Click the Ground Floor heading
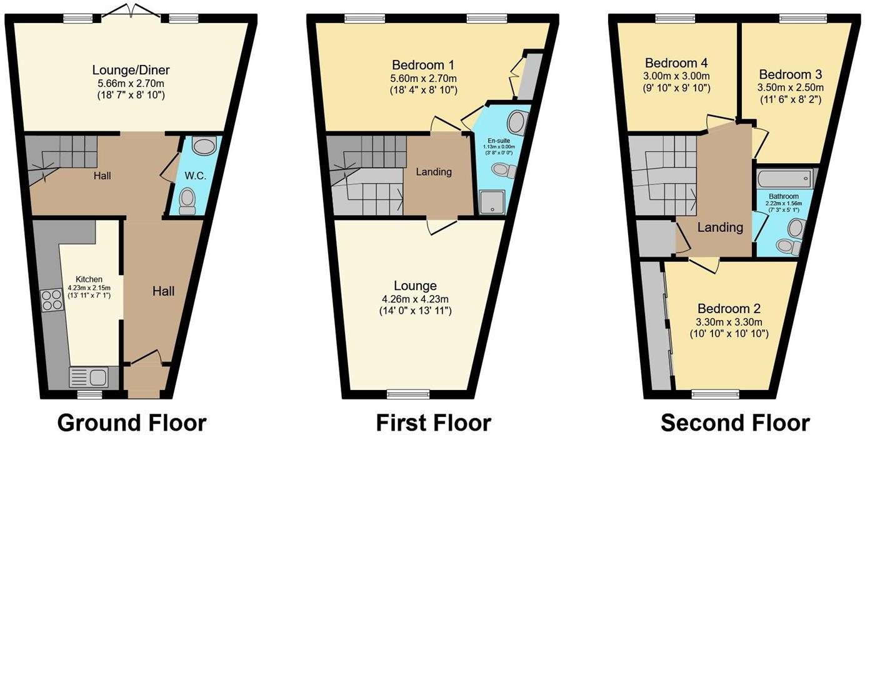point(132,423)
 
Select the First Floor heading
point(433,423)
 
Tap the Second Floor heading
point(735,423)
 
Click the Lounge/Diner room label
point(131,70)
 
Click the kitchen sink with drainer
point(89,377)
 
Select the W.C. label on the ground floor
point(195,176)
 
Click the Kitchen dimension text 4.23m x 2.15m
point(89,288)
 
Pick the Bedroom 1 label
point(423,65)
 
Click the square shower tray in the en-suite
point(491,202)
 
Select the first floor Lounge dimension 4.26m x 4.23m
point(415,299)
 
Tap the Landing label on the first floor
point(434,172)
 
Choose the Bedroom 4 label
point(676,63)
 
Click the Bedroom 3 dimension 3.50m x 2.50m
point(790,87)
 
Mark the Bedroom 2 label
point(729,309)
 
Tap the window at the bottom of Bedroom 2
point(715,394)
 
